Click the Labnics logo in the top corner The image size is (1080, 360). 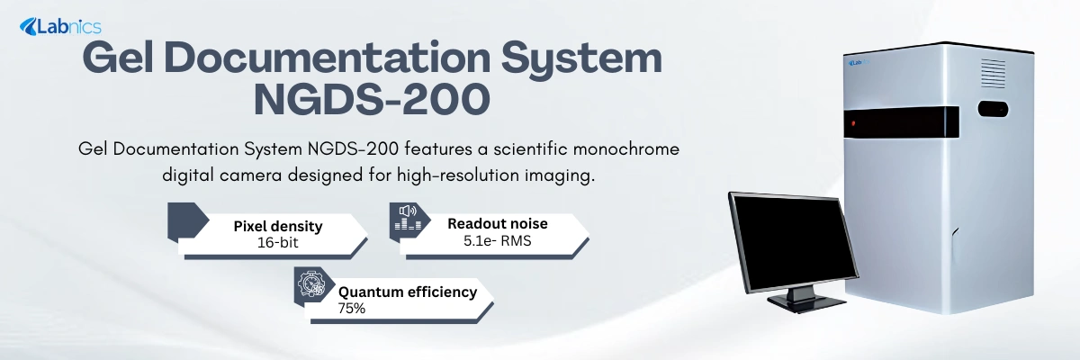pyautogui.click(x=60, y=27)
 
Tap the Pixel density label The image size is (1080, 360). pyautogui.click(x=277, y=226)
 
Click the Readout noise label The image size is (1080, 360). pyautogui.click(x=497, y=222)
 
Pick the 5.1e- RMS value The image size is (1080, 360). pyautogui.click(x=497, y=239)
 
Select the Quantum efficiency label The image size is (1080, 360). pyautogui.click(x=406, y=292)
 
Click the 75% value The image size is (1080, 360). pyautogui.click(x=352, y=308)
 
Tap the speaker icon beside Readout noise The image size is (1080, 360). pyautogui.click(x=407, y=220)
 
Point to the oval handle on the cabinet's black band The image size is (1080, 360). pyautogui.click(x=993, y=110)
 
